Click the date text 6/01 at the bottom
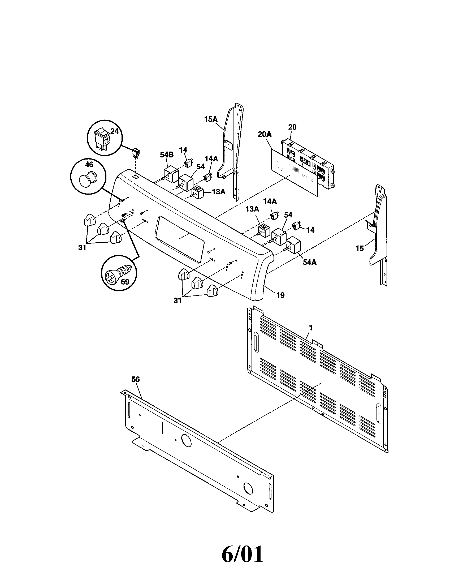(x=242, y=555)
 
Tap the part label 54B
(x=167, y=155)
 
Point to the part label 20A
(x=265, y=134)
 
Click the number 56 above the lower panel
(x=136, y=379)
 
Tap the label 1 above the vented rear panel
(x=310, y=328)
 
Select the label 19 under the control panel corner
(x=280, y=295)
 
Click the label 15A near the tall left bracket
(x=211, y=119)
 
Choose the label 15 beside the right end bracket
(x=360, y=248)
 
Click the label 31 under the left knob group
(x=82, y=248)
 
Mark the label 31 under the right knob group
(x=178, y=300)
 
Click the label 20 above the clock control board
(x=292, y=127)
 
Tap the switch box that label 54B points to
(x=171, y=174)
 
